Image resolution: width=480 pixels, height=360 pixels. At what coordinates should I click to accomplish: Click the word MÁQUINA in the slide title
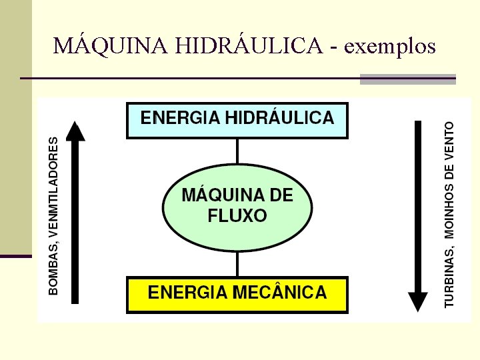coord(110,45)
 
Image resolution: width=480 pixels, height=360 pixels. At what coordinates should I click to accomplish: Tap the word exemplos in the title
coord(391,47)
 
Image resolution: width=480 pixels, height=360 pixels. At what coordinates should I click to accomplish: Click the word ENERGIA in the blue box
coord(179,119)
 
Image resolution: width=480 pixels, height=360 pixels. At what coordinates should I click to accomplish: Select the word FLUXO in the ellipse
coord(237,216)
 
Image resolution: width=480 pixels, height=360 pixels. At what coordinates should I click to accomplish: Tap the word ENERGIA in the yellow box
coord(186,292)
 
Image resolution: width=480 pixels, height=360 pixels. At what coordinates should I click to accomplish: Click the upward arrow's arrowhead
coord(77,132)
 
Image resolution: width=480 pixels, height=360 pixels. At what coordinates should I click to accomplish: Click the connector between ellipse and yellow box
coord(237,265)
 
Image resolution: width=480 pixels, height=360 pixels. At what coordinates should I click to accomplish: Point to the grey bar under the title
coord(407,79)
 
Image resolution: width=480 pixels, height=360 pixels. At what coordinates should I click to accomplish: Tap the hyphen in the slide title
coord(333,47)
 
